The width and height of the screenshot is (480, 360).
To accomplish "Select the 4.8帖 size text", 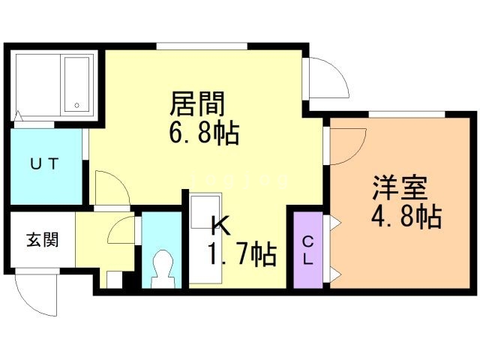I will [405, 217].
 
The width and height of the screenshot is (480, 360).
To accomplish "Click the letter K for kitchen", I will [218, 223].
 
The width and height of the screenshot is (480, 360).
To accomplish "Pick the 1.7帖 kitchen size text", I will [241, 254].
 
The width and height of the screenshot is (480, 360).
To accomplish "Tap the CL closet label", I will [308, 250].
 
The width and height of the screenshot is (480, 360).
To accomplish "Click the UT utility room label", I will [44, 163].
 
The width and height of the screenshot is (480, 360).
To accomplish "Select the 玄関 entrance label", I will [42, 240].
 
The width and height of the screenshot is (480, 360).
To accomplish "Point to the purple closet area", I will [308, 251].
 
